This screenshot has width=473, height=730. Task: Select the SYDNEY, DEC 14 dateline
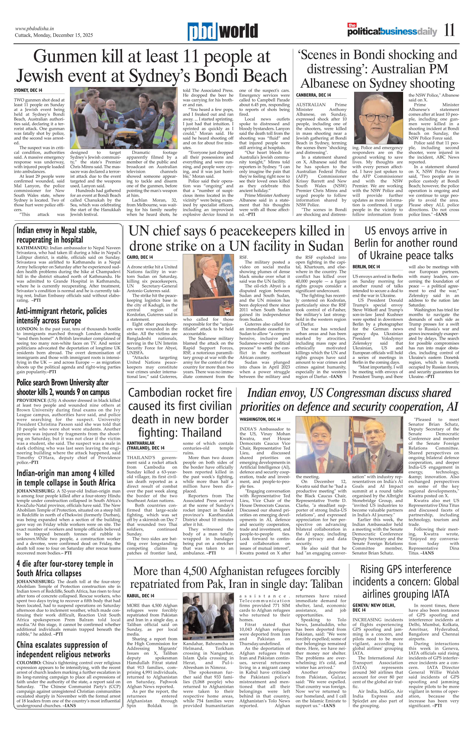tap(28, 91)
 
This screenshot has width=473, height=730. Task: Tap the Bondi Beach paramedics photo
tap(124, 118)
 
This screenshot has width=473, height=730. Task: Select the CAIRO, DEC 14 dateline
tap(140, 257)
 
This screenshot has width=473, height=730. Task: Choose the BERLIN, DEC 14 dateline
tap(366, 267)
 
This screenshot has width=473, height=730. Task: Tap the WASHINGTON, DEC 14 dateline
tap(260, 419)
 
